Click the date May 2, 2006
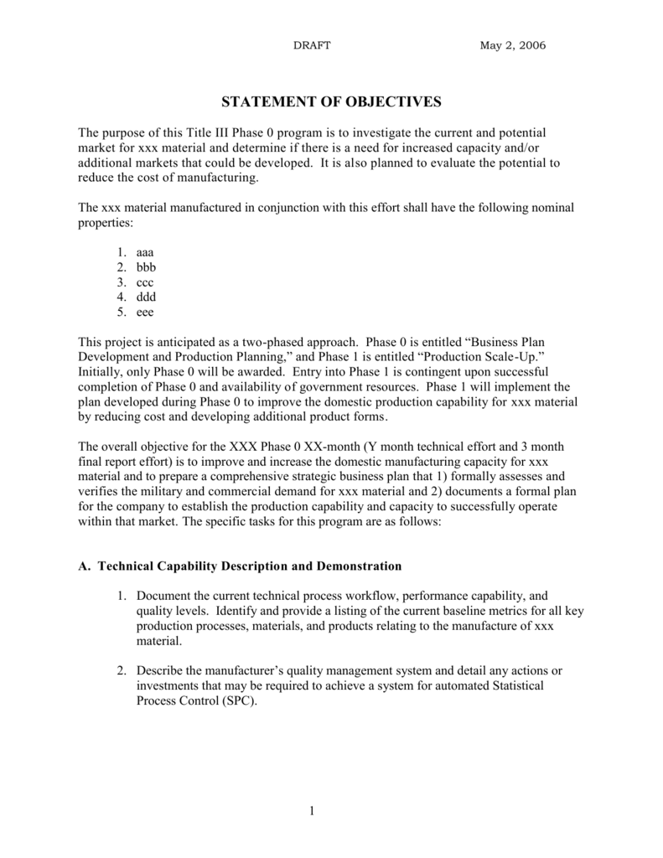click(512, 45)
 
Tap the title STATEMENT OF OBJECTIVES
click(330, 102)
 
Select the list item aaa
click(145, 251)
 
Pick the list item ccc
click(145, 282)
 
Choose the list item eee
click(145, 312)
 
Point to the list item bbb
click(146, 266)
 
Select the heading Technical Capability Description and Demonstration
click(250, 566)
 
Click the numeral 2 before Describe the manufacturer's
click(121, 671)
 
